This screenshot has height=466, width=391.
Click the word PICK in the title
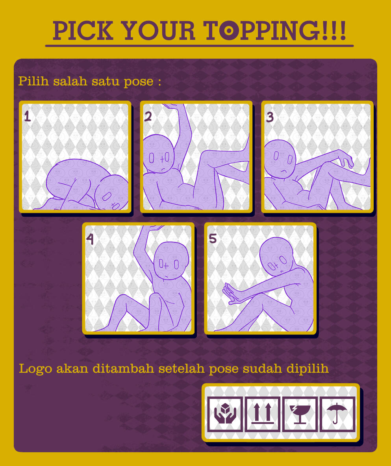(83, 30)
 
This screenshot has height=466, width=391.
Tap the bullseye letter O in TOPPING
(229, 30)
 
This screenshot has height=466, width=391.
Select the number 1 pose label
(27, 116)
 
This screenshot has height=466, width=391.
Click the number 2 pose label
(148, 116)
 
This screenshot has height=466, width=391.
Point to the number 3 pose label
(270, 117)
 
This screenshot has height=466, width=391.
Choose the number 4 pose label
(90, 239)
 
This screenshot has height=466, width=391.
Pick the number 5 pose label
(213, 238)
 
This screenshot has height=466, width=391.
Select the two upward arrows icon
(263, 413)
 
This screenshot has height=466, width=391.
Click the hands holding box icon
(225, 413)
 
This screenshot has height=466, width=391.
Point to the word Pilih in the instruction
(33, 81)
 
